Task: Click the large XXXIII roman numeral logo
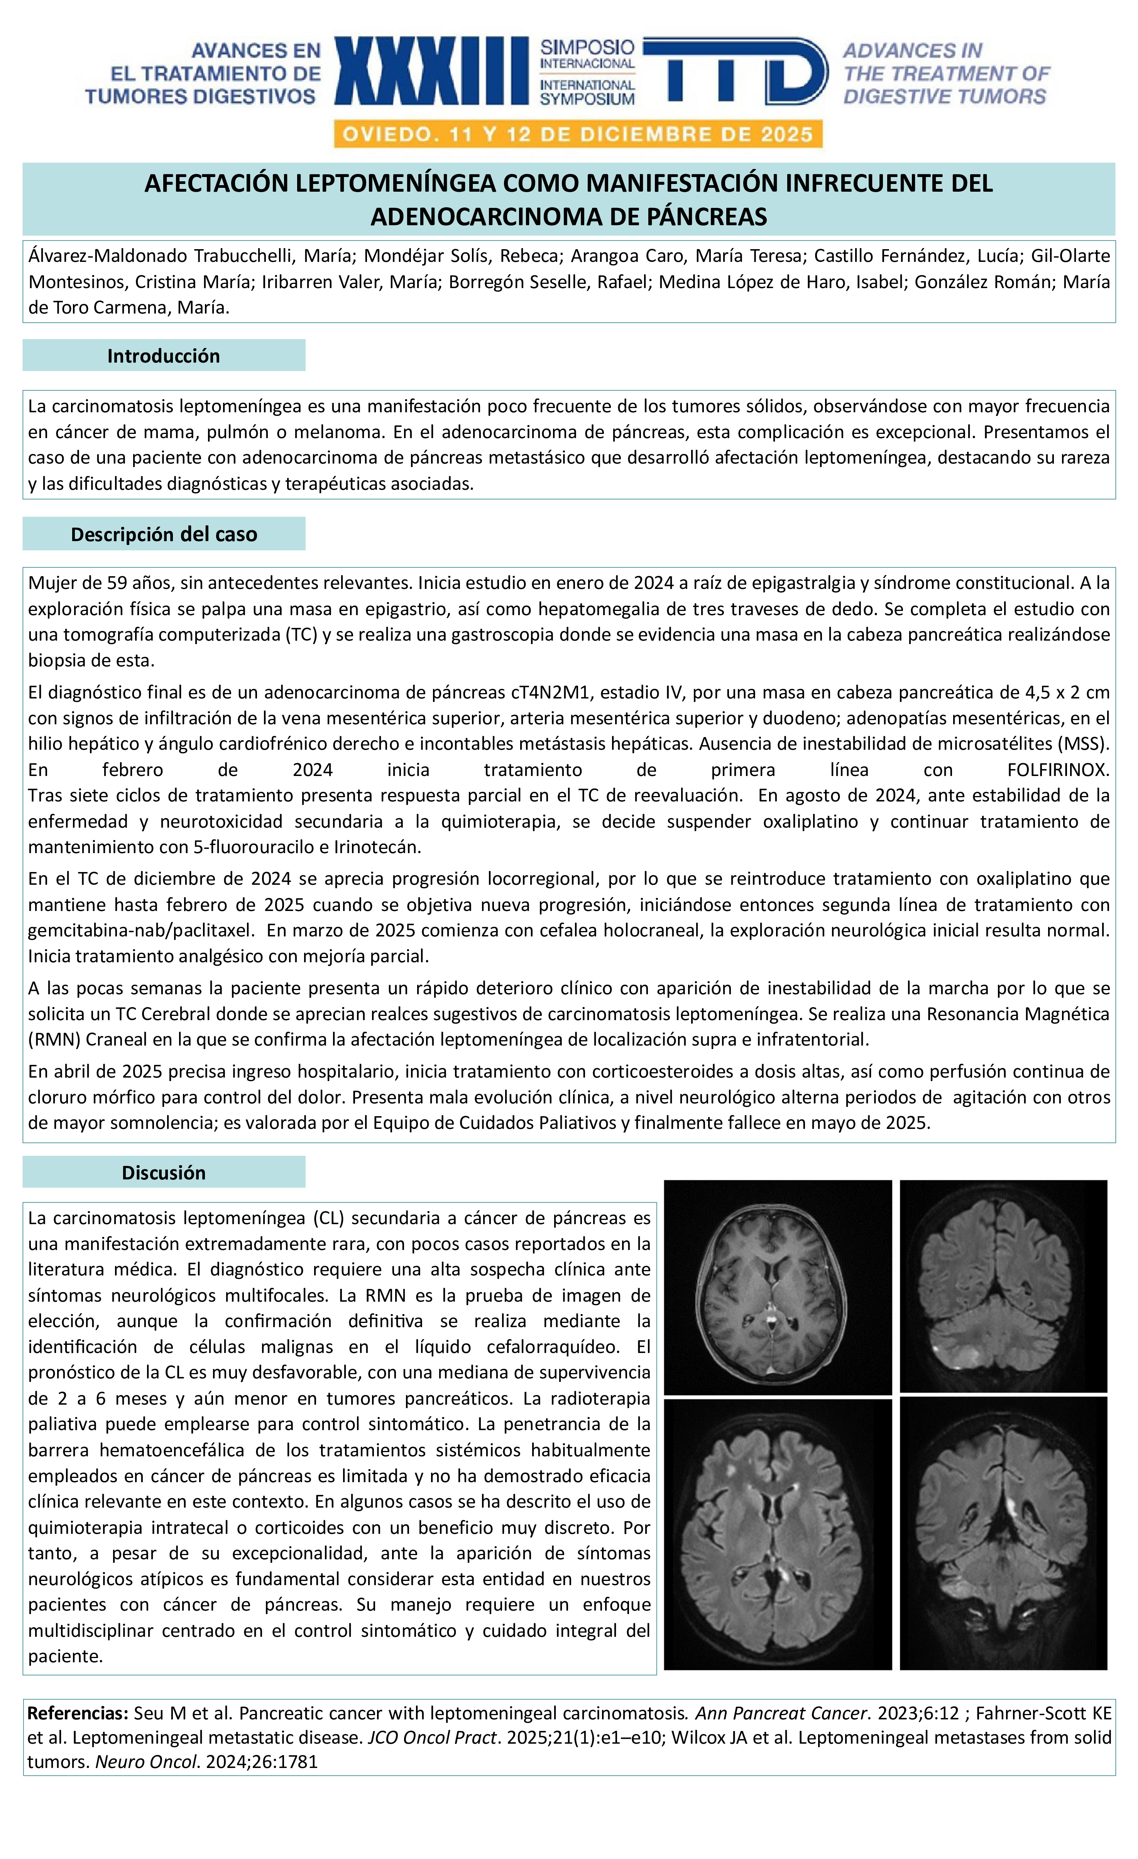point(432,72)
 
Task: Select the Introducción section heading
point(164,356)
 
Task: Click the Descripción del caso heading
point(164,534)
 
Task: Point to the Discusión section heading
point(164,1172)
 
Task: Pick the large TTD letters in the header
point(736,72)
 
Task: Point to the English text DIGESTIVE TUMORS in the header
point(945,96)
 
